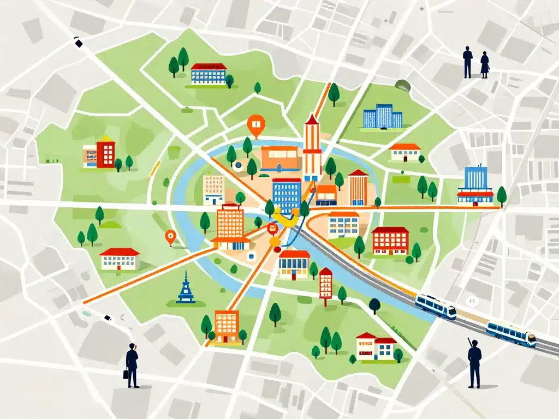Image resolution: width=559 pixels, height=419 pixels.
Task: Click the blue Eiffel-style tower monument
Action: pyautogui.click(x=186, y=288)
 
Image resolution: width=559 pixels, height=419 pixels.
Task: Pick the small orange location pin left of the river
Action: pyautogui.click(x=170, y=237)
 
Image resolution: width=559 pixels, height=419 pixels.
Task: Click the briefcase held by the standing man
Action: pyautogui.click(x=126, y=374)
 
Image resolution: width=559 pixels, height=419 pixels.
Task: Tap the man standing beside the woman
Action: pyautogui.click(x=468, y=62)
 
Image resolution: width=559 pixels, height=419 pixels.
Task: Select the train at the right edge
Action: pyautogui.click(x=511, y=333)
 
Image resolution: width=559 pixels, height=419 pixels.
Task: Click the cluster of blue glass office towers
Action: pyautogui.click(x=382, y=117)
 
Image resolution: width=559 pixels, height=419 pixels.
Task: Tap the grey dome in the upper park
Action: pyautogui.click(x=403, y=85)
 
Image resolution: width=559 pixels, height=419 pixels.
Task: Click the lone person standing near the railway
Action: pyautogui.click(x=474, y=362)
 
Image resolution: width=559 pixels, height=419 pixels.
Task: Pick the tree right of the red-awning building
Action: pyautogui.click(x=501, y=195)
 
